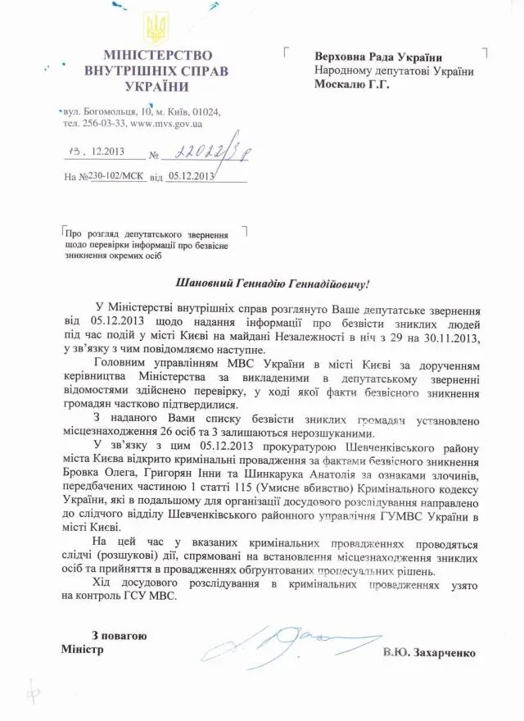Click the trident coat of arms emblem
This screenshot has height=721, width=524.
tap(156, 29)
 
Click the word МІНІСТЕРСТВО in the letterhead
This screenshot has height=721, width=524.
tap(156, 57)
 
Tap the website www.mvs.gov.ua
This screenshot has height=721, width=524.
tap(166, 124)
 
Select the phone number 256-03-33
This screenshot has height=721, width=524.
tap(102, 124)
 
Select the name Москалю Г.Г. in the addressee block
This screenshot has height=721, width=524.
tap(352, 84)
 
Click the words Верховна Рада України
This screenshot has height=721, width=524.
tap(378, 57)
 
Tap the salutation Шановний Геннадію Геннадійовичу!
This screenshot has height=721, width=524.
tap(273, 283)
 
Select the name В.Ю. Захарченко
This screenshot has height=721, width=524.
tap(428, 653)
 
